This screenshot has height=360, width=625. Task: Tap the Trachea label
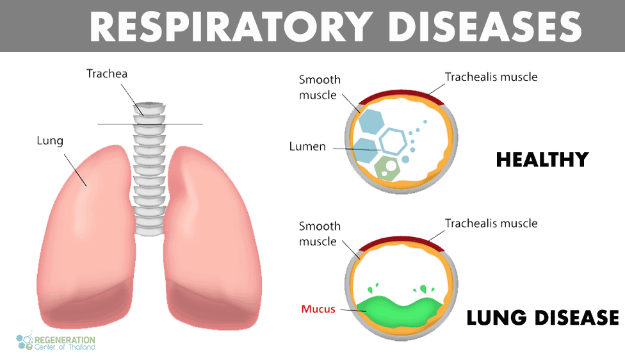(107, 74)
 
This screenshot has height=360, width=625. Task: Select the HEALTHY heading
(541, 159)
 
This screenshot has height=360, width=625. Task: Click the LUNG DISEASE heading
(541, 318)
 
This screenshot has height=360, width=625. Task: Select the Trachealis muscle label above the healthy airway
(491, 77)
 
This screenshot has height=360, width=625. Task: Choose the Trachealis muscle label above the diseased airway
(491, 224)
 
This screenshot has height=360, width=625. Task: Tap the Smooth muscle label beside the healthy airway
(320, 88)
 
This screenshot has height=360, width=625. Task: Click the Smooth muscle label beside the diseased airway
(320, 234)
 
